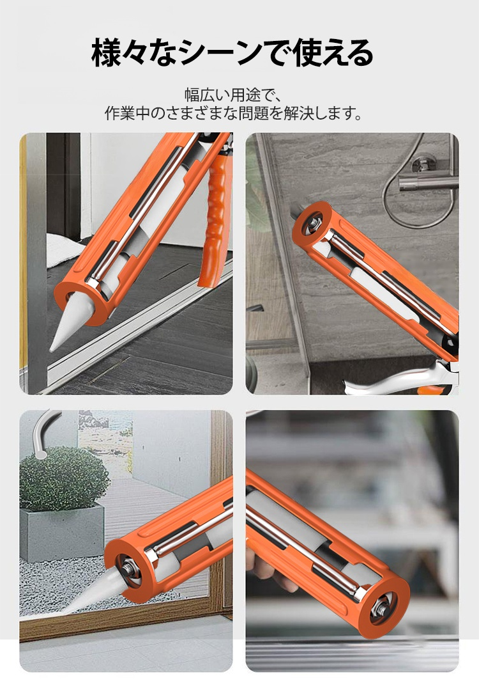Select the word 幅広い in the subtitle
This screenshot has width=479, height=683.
(207, 95)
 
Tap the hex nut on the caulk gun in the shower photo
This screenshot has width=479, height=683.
(313, 224)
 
